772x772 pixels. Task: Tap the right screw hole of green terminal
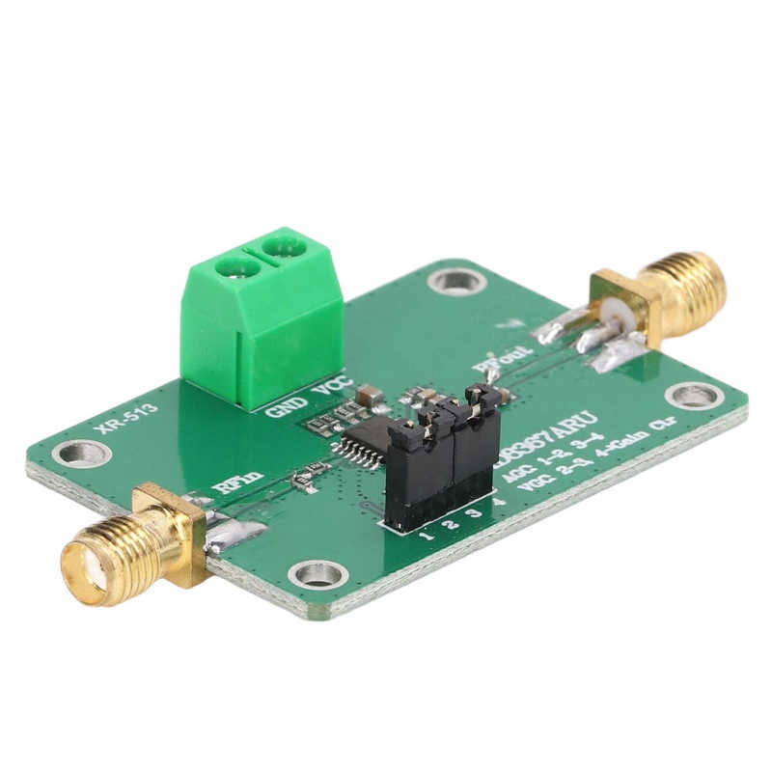(x=284, y=248)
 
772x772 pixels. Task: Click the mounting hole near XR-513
(x=84, y=453)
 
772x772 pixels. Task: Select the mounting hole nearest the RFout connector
(x=695, y=396)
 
